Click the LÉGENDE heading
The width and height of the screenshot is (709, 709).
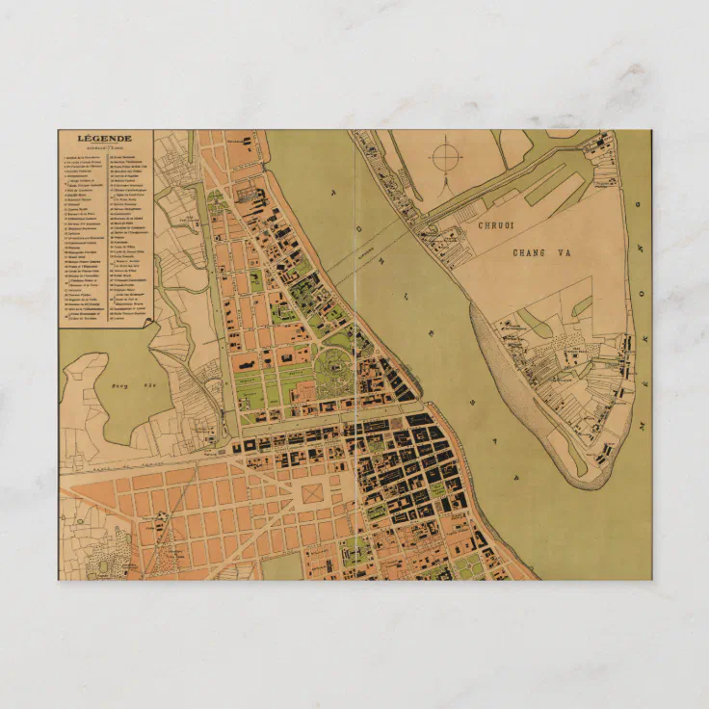point(106,139)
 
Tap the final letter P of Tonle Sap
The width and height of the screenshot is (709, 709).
point(515,476)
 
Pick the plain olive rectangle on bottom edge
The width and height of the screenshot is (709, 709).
point(282,566)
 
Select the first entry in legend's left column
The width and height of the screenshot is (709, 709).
point(85,157)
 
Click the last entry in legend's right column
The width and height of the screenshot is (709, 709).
point(131,316)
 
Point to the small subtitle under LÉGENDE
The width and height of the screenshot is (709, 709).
point(106,147)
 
